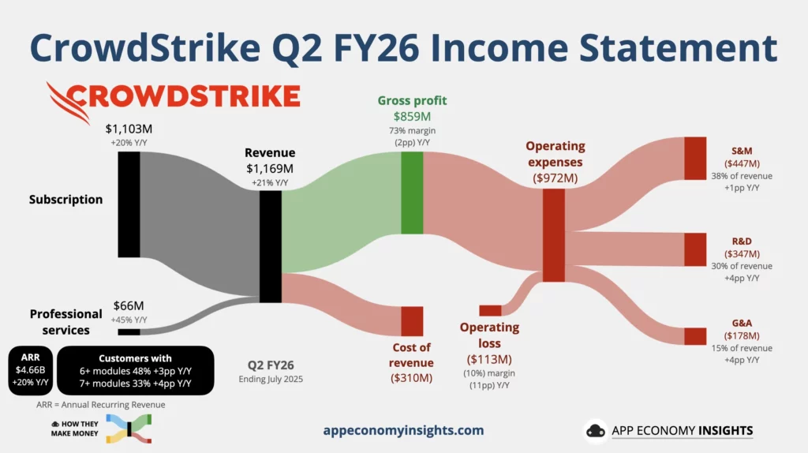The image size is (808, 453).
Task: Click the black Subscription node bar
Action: [x=129, y=204]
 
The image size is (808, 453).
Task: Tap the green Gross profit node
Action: [x=412, y=193]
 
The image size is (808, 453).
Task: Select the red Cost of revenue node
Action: [x=412, y=321]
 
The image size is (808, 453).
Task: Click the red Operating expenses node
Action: [x=554, y=235]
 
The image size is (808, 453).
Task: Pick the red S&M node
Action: [x=695, y=158]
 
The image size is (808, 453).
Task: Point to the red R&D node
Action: [x=695, y=249]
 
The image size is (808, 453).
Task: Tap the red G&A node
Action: [x=695, y=336]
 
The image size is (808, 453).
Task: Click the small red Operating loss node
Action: [x=490, y=310]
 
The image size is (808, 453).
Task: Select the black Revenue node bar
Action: [x=271, y=246]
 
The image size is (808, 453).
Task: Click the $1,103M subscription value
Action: [x=129, y=129]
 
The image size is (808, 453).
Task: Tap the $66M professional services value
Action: [x=129, y=305]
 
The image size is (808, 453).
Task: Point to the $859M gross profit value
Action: [x=412, y=117]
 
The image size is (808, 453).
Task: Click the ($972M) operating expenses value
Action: [x=555, y=178]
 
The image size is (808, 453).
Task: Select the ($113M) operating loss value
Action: [x=489, y=359]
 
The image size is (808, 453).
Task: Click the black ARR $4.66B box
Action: [x=31, y=371]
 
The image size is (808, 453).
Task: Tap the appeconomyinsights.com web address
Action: [x=403, y=430]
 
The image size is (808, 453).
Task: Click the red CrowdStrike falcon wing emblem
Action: [x=68, y=103]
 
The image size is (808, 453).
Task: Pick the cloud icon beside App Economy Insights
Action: [x=596, y=431]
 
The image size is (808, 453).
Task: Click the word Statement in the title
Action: [x=678, y=47]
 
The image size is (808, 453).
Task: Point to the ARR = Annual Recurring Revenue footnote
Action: [x=101, y=405]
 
